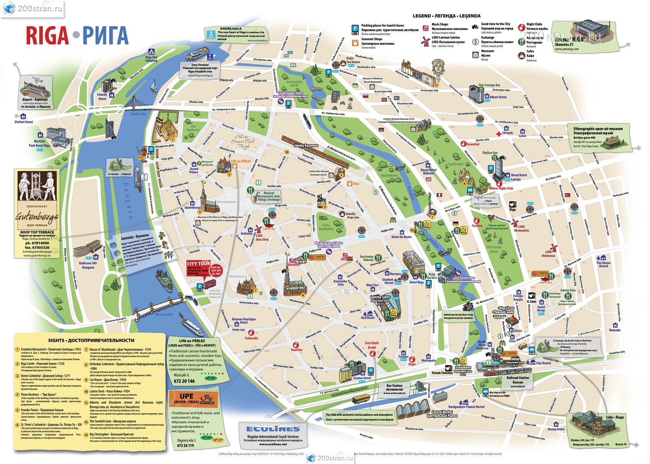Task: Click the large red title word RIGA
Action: point(47,36)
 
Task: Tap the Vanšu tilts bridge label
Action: point(138,114)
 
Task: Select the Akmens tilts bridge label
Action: point(164,314)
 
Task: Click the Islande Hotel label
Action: point(102,97)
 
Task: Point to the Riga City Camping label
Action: point(151,59)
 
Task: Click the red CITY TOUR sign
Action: point(198,264)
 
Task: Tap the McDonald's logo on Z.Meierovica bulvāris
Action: point(393,220)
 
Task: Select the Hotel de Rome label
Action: point(401,237)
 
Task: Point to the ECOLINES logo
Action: point(273,429)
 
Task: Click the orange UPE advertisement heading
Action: point(187,396)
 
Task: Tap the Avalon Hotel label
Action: point(362,378)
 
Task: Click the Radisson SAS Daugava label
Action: point(88,265)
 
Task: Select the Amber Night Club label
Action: point(501,188)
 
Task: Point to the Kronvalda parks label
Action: point(294,83)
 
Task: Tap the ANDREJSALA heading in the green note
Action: point(230,29)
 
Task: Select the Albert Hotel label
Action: point(498,97)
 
